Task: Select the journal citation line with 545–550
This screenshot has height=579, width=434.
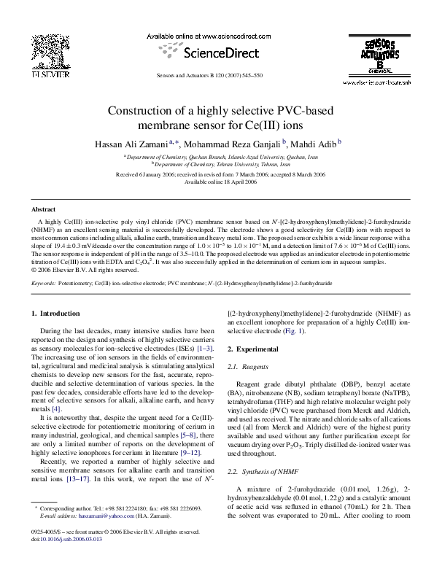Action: [216, 76]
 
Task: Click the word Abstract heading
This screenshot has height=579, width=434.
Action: [44, 209]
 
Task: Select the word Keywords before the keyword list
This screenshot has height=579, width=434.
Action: [44, 282]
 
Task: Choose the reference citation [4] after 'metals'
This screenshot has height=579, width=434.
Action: [56, 409]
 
